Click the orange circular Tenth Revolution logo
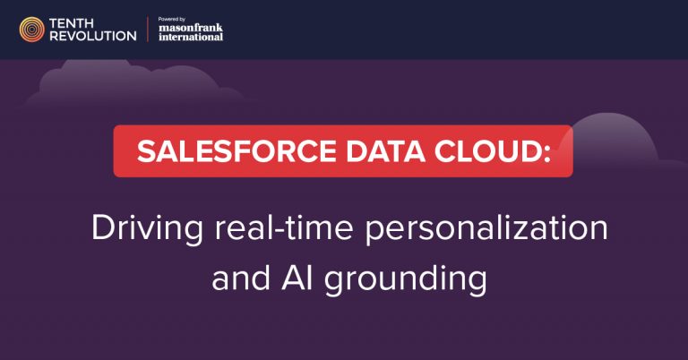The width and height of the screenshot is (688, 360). coord(32,30)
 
